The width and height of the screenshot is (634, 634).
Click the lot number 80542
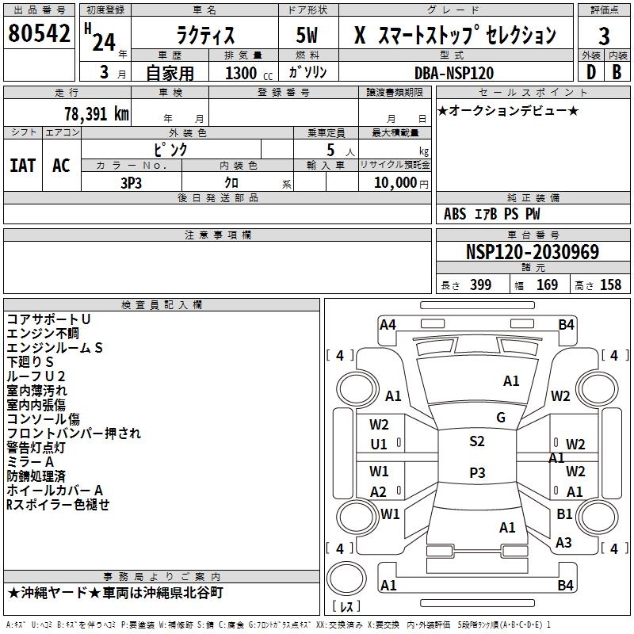pos(39,33)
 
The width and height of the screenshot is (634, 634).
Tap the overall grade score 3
pos(604,36)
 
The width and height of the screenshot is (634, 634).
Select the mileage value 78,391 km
pos(97,114)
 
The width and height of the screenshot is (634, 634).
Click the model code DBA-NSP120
pos(454,73)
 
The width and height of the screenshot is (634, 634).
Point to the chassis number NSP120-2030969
pos(533,252)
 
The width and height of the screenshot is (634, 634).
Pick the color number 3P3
pos(131,183)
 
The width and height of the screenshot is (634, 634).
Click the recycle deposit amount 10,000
pos(395,183)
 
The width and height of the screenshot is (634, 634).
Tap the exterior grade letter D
pos(591,72)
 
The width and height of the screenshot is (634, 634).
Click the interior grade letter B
pos(617,72)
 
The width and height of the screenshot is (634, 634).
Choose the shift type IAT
pos(23,166)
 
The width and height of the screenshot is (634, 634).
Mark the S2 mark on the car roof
pos(477,441)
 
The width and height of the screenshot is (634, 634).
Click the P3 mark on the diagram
pos(477,472)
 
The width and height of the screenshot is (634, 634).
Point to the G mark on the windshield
pos(501,418)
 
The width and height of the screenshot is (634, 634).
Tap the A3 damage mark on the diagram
pos(563,542)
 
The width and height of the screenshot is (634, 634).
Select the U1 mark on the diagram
pos(379,445)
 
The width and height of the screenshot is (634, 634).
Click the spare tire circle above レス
pos(346,578)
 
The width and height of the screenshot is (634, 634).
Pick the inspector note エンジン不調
pos(43,334)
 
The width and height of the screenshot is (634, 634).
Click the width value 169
pos(547,285)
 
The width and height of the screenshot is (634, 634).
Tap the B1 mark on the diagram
pos(564,514)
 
